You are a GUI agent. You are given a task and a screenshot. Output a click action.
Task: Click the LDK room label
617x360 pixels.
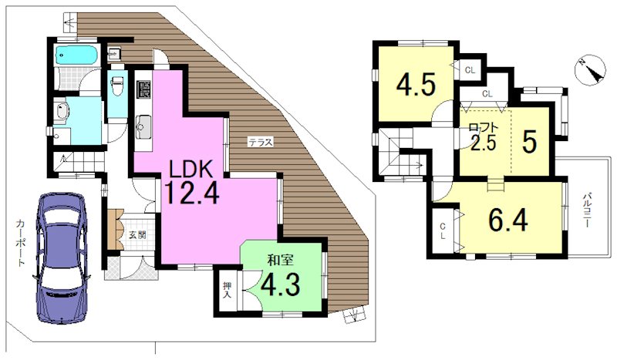click(190, 170)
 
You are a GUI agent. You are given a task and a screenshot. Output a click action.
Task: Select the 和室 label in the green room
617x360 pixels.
click(280, 261)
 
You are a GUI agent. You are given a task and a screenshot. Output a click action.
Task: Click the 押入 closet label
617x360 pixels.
click(227, 290)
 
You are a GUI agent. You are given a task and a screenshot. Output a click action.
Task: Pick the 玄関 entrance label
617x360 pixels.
click(138, 235)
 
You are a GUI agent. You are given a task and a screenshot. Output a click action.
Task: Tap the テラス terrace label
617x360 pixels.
click(260, 142)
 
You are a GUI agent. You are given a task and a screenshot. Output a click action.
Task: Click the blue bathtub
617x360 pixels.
click(76, 54)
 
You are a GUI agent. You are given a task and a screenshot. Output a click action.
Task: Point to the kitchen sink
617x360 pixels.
click(143, 126)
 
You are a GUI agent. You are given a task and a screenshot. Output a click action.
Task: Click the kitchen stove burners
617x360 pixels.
click(143, 89)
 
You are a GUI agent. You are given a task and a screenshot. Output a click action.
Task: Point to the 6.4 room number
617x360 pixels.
click(508, 220)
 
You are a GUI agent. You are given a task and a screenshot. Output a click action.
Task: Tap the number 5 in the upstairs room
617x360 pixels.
click(530, 142)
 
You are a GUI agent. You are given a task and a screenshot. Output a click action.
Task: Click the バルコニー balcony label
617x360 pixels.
click(587, 210)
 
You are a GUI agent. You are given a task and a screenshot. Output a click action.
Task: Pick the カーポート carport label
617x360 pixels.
click(20, 243)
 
